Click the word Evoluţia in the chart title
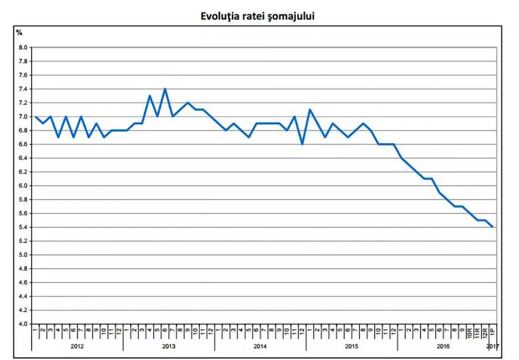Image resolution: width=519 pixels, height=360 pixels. tap(221, 17)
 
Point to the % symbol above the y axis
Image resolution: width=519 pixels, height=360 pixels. tap(19, 32)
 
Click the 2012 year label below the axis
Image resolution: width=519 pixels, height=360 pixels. tap(77, 346)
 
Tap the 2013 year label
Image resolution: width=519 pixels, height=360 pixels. tap(168, 346)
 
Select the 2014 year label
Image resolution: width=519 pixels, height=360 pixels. tap(260, 346)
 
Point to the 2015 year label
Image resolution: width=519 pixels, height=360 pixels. tap(351, 346)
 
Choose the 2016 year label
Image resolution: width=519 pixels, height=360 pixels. tap(443, 346)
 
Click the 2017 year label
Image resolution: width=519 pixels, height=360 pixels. tap(493, 346)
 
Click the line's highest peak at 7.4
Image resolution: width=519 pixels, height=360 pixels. tap(165, 89)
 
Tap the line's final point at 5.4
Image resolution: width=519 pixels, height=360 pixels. tap(493, 227)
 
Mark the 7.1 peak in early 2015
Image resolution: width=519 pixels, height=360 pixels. tap(310, 110)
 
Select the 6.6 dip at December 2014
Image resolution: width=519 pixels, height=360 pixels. tap(302, 144)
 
